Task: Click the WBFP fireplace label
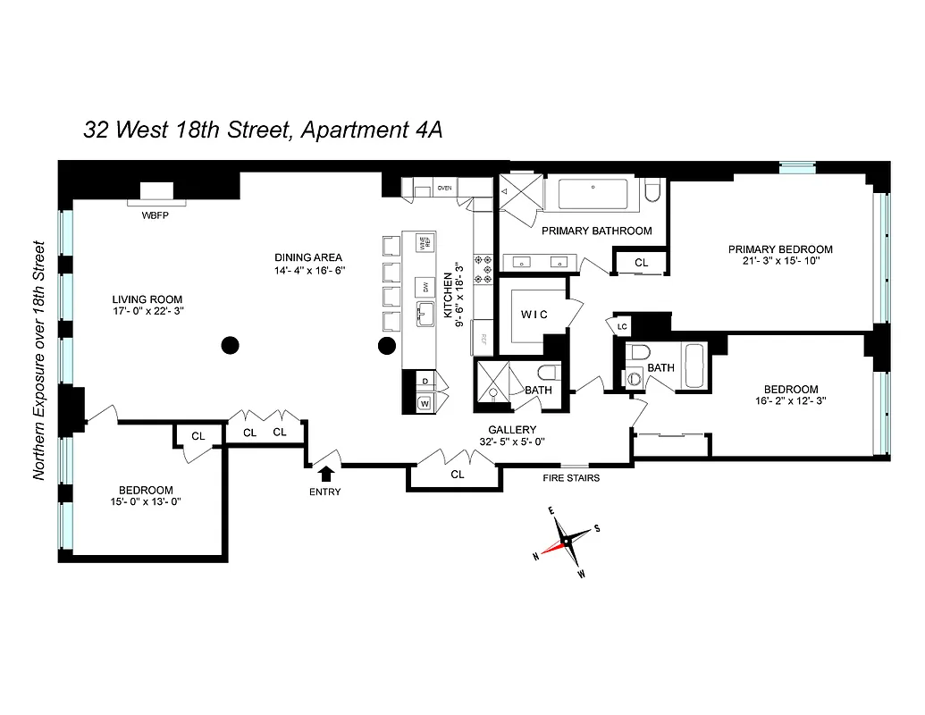(x=156, y=216)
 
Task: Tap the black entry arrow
(x=325, y=474)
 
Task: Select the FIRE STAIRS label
(x=571, y=478)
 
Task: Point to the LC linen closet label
(x=622, y=327)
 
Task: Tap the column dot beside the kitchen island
(x=387, y=345)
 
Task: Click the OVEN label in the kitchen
(x=444, y=189)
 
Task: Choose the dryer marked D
(x=424, y=382)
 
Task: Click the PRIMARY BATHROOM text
(x=597, y=231)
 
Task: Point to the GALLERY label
(x=511, y=430)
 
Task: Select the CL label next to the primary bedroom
(x=641, y=263)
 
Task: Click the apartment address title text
(x=263, y=130)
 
